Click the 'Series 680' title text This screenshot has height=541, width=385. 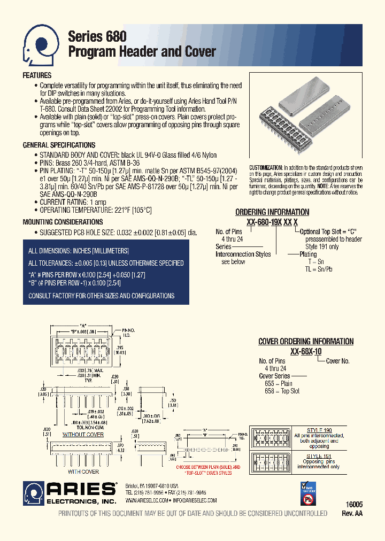(97, 36)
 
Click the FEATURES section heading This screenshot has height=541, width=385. (37, 76)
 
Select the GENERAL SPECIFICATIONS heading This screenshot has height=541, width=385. (59, 145)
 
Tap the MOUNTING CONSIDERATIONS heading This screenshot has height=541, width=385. (63, 222)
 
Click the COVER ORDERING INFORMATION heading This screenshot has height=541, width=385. (306, 341)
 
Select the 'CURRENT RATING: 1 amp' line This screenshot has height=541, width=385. (72, 202)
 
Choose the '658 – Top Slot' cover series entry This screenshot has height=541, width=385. (279, 391)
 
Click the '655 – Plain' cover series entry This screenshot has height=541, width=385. (275, 383)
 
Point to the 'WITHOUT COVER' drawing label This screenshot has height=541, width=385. (83, 435)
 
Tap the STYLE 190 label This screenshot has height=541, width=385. (319, 429)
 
